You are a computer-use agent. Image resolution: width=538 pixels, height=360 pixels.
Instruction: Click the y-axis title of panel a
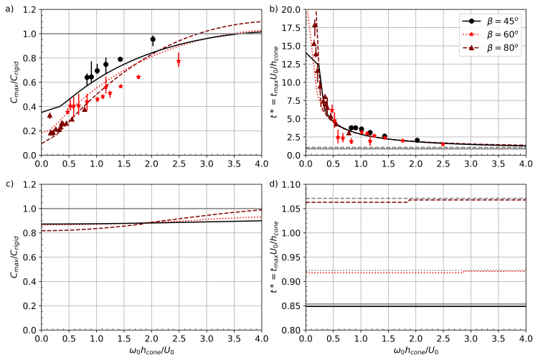[x=14, y=83]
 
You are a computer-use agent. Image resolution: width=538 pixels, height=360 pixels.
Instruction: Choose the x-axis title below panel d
[x=416, y=351]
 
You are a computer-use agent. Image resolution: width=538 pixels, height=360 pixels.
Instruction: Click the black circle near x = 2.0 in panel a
[x=153, y=39]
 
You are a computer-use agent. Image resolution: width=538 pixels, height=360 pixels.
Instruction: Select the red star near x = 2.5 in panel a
[x=179, y=62]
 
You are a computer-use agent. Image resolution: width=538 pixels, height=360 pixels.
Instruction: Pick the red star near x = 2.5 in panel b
[x=443, y=144]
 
